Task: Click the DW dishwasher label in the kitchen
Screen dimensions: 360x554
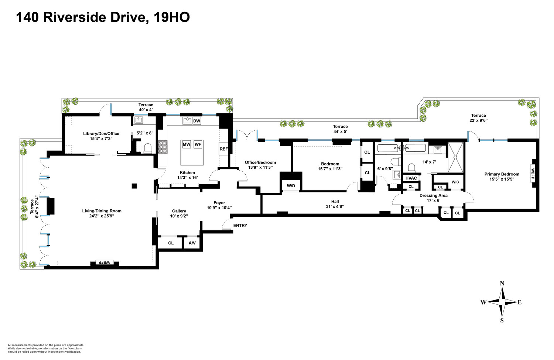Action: (196, 121)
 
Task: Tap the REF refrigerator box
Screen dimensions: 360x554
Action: (223, 149)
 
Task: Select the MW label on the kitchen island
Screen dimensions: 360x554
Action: (187, 144)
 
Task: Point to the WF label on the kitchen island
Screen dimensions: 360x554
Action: (198, 144)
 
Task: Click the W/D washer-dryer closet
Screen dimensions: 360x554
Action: (291, 185)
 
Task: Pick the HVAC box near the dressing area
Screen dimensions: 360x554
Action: (411, 178)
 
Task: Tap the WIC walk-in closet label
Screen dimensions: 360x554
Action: (455, 182)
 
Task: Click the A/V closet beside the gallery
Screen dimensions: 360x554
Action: (192, 243)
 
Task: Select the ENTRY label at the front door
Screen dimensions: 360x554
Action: (240, 226)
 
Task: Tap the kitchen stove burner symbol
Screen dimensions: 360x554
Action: (163, 147)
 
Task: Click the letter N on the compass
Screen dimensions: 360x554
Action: (502, 284)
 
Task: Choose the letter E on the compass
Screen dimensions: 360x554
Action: (520, 302)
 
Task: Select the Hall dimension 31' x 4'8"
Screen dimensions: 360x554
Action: (335, 206)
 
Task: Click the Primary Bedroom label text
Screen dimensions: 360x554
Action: (502, 174)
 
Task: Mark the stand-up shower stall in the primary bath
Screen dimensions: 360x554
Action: (455, 157)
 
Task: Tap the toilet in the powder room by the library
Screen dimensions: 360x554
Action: (148, 148)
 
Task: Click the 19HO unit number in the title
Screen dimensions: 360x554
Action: (171, 17)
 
